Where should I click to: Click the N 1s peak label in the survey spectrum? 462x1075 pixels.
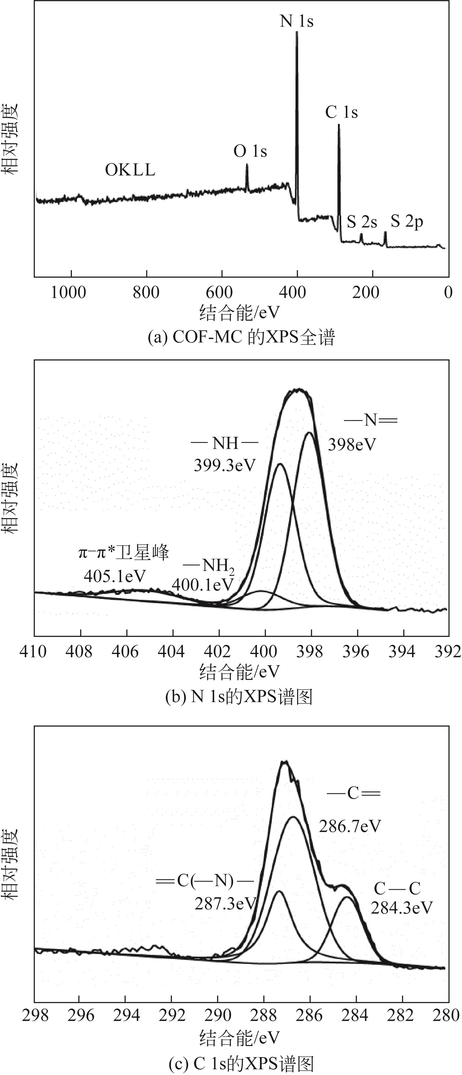296,21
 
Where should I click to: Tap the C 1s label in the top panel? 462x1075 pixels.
341,112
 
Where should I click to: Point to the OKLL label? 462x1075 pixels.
130,170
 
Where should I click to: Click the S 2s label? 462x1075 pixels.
362,222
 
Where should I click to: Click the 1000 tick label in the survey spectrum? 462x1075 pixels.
68,293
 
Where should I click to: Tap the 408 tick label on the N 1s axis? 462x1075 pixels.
79,651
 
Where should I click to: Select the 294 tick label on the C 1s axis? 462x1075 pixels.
125,1015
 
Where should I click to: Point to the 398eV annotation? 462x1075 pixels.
352,445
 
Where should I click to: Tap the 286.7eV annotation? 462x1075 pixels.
350,826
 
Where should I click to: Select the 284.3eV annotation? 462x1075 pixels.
401,908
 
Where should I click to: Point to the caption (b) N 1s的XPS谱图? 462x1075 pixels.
239,696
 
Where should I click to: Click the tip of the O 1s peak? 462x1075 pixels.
247,164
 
